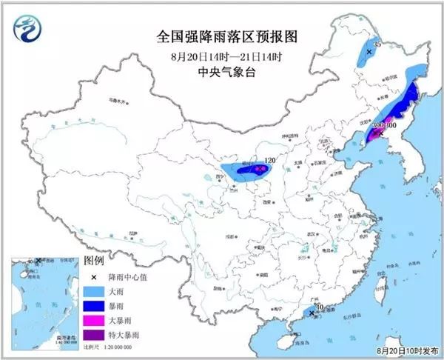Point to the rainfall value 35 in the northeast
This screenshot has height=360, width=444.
pos(377,46)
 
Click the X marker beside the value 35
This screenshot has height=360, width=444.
pos(368,53)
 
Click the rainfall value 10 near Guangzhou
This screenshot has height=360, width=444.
pos(320,307)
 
